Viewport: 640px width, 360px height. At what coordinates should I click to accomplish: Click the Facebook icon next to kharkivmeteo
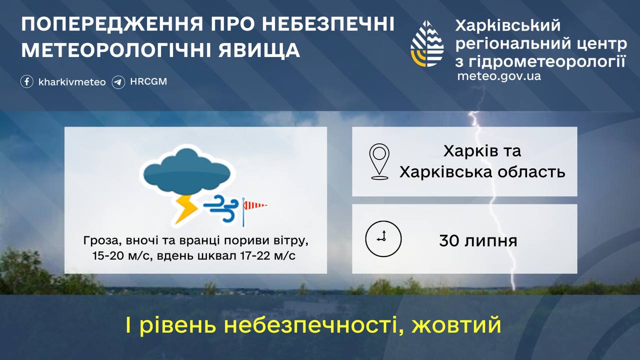[x=27, y=81]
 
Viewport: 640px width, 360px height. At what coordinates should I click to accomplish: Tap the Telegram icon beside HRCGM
[x=118, y=81]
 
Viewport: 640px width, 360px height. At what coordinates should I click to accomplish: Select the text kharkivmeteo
[x=72, y=82]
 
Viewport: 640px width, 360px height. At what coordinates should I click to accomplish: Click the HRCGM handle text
[x=148, y=81]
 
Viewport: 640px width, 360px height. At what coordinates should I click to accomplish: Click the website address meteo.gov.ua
[x=498, y=76]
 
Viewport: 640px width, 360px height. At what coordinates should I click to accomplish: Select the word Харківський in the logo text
[x=507, y=25]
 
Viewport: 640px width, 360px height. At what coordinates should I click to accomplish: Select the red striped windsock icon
[x=254, y=204]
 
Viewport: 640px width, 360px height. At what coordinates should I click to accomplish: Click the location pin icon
[x=379, y=161]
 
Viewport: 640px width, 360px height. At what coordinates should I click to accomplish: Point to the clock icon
[x=383, y=238]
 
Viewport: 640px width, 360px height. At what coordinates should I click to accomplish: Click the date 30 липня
[x=478, y=241]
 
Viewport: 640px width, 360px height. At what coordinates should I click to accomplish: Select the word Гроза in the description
[x=99, y=241]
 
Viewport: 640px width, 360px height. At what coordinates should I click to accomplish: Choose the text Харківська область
[x=482, y=172]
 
